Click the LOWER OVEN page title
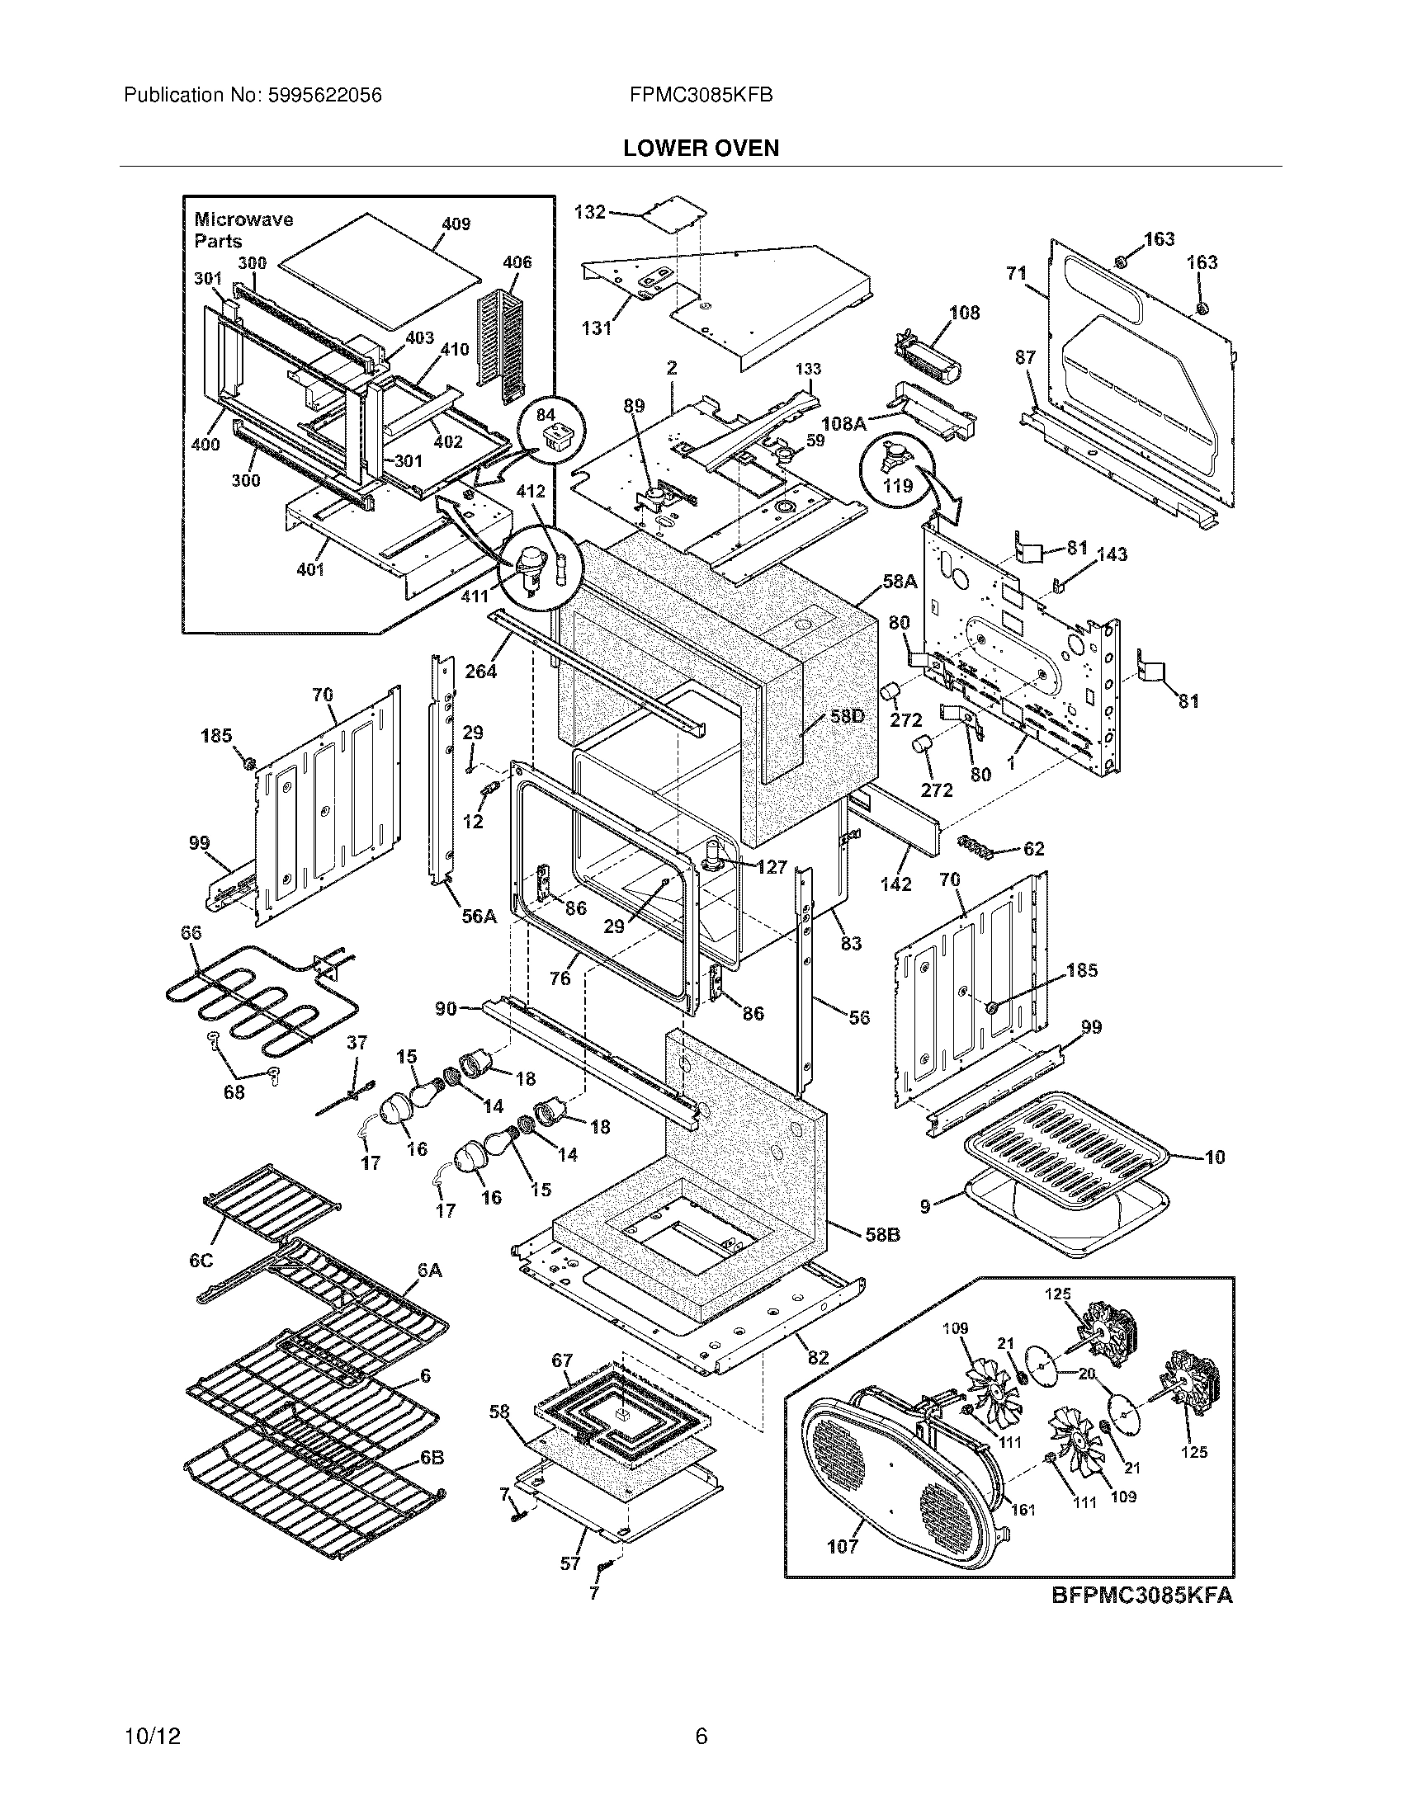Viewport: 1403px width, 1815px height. tap(701, 148)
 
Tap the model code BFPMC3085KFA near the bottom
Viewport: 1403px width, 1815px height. tap(1142, 1596)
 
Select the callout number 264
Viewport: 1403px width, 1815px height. tap(480, 671)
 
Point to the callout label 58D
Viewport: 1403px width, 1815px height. tap(846, 716)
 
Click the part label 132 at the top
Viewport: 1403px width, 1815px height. tap(590, 212)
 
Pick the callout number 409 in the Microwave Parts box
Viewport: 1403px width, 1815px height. tap(456, 224)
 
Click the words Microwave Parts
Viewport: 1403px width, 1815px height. tap(243, 230)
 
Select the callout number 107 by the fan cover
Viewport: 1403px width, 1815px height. tap(842, 1547)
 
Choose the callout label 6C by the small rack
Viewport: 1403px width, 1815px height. tap(201, 1261)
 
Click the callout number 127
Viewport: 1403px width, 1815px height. tap(772, 867)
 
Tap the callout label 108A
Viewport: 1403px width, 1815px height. tap(843, 423)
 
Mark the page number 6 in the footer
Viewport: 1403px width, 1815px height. tap(701, 1736)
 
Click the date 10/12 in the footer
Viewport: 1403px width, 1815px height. tap(152, 1736)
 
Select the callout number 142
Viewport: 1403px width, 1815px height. tap(896, 884)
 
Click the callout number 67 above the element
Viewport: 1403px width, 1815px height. tap(563, 1360)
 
